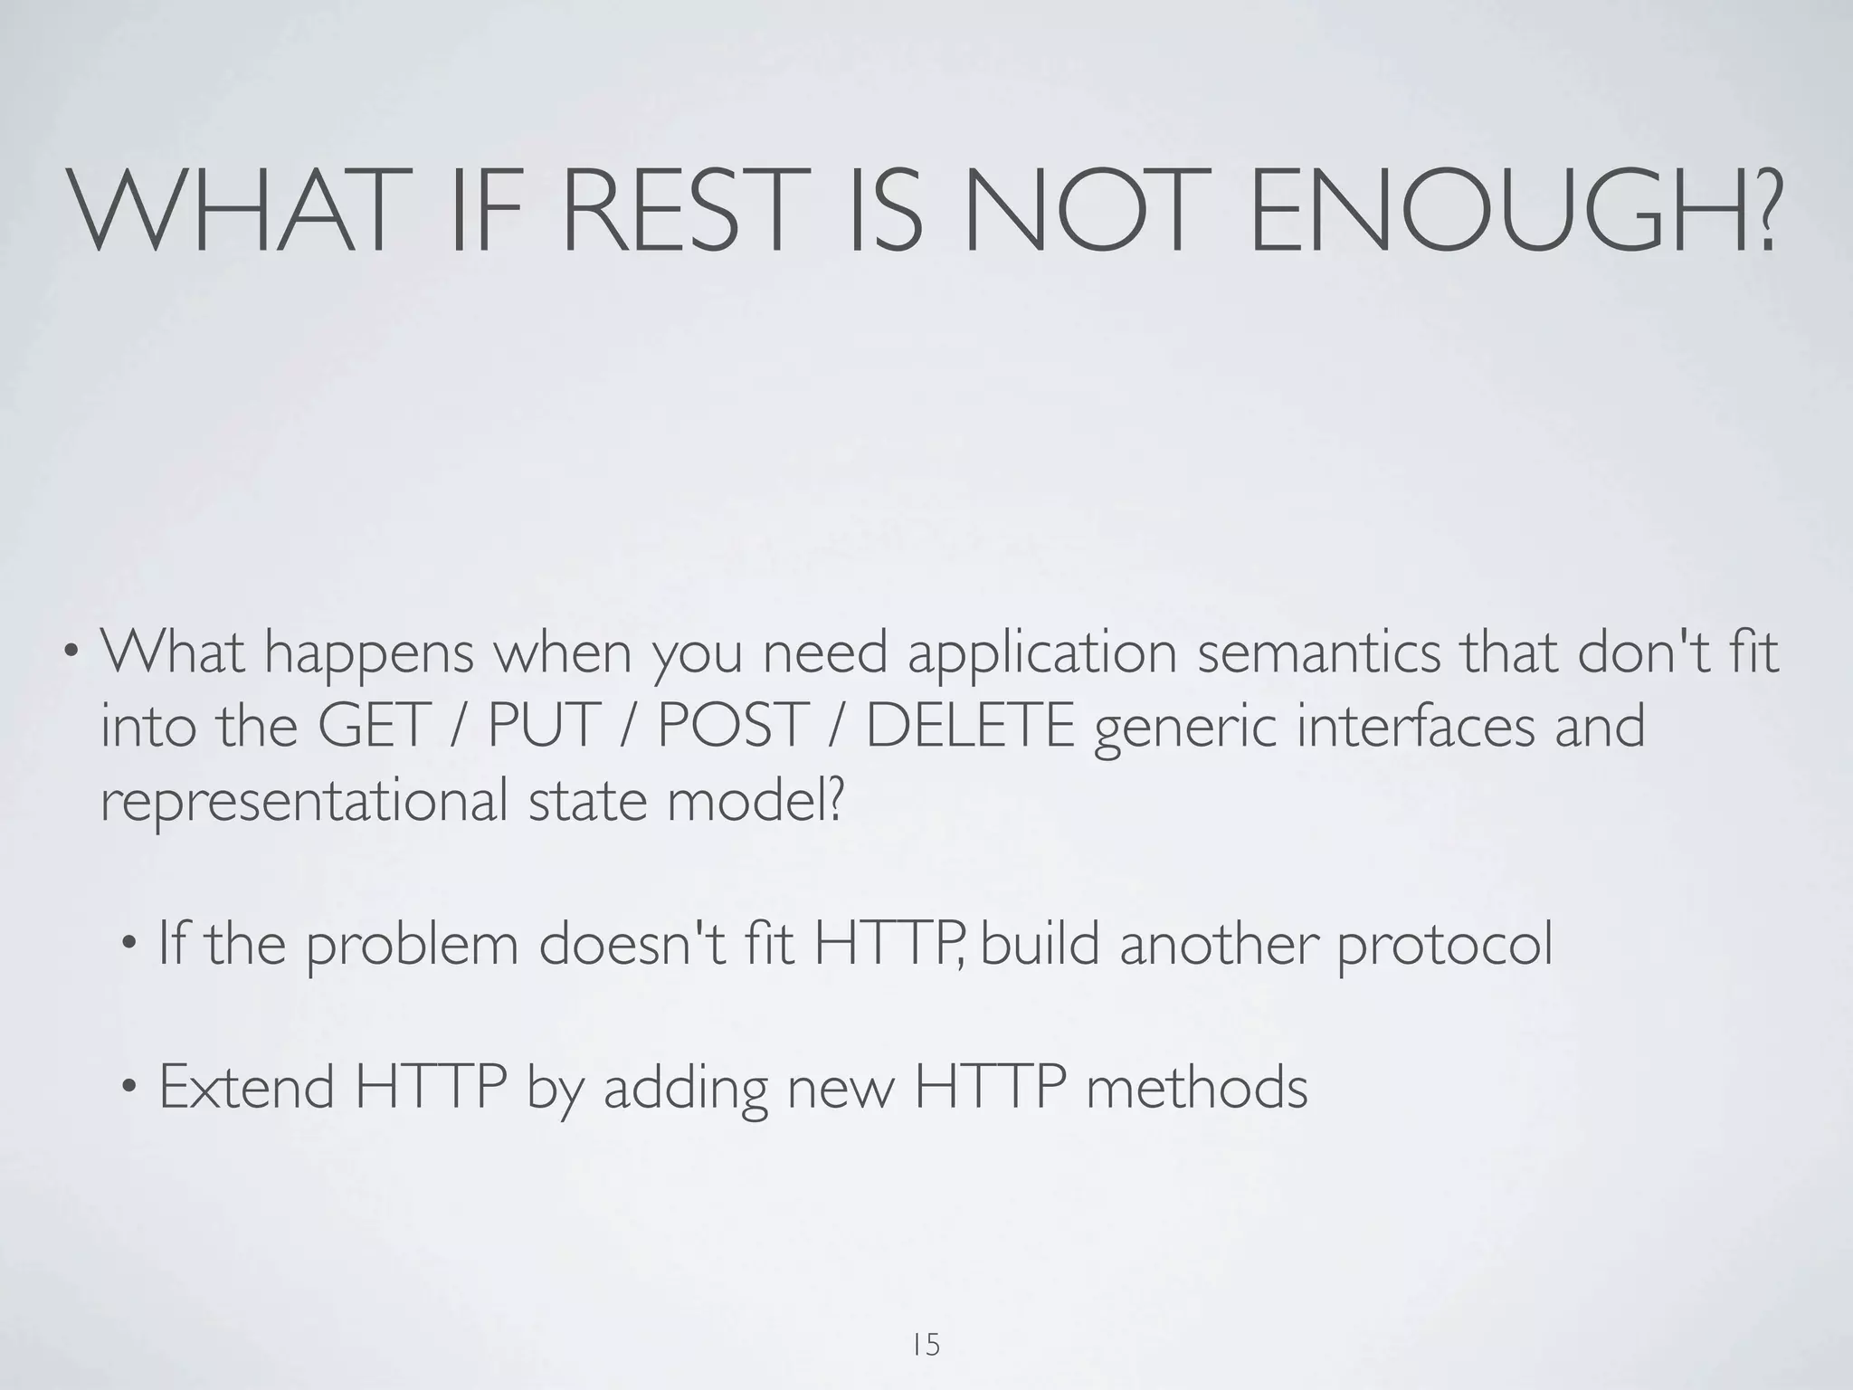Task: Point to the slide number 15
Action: coord(926,1345)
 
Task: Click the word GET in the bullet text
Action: coord(372,726)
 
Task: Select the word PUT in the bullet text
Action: coord(544,726)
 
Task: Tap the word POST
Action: coord(731,726)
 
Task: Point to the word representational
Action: coord(302,803)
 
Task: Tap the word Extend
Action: coord(246,1087)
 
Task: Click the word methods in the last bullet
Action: coord(1196,1087)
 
